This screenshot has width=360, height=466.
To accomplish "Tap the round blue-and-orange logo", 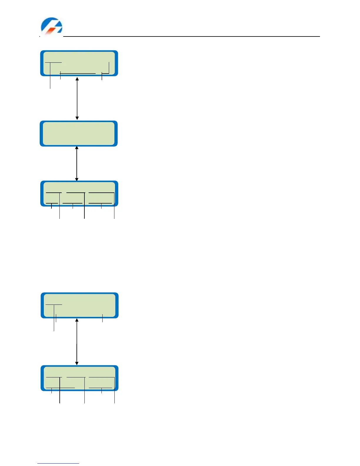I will click(51, 26).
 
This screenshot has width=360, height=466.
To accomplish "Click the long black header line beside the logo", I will click(191, 36).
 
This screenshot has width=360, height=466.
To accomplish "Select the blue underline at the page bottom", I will click(58, 463).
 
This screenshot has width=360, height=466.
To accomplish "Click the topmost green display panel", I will click(79, 63).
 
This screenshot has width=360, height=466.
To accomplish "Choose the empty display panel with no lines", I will click(79, 134).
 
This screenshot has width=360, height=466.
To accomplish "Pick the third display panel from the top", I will click(79, 194).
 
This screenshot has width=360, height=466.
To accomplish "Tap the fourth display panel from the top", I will click(79, 305).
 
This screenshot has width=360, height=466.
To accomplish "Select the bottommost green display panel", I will click(79, 378).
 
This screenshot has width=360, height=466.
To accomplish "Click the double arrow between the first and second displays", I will click(77, 99).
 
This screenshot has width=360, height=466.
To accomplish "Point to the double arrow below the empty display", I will click(77, 164).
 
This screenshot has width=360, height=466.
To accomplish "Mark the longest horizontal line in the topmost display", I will click(78, 73).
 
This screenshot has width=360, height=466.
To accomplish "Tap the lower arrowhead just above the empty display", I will click(77, 118).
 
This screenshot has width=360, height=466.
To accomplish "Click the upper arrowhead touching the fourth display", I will click(77, 320).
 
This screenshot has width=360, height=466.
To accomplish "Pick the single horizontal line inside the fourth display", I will click(54, 304).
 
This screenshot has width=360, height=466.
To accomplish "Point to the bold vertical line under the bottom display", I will click(60, 391).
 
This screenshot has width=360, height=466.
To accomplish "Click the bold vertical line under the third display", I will click(84, 206).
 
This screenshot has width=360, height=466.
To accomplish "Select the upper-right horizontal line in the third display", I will click(101, 192).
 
